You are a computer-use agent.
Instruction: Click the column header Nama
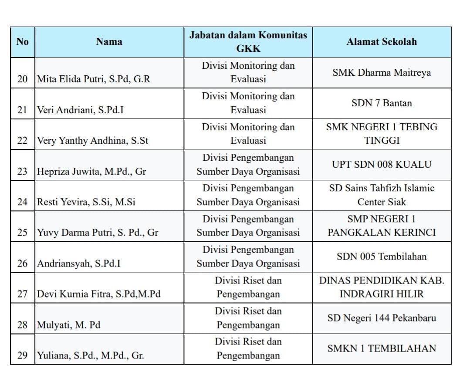[109, 42]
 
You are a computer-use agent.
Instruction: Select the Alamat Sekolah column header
[382, 42]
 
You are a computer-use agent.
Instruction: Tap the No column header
[22, 42]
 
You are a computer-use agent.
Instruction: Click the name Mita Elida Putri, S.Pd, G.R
[94, 79]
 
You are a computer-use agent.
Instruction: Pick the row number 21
[22, 110]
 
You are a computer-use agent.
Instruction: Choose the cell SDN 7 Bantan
[382, 103]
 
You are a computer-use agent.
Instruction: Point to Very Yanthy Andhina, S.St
[93, 141]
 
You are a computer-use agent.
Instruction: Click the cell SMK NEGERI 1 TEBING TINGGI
[382, 134]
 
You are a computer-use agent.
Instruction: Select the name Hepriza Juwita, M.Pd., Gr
[91, 172]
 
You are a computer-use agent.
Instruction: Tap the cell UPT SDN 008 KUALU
[382, 165]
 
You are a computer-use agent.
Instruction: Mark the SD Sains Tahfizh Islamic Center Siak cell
[382, 195]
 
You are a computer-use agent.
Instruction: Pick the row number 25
[22, 233]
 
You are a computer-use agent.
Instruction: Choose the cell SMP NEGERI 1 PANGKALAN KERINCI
[382, 226]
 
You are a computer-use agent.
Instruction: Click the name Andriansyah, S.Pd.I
[79, 264]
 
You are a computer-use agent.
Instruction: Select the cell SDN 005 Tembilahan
[382, 257]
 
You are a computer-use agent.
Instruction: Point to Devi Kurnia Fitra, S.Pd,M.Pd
[99, 294]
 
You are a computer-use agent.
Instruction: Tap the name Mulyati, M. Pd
[69, 325]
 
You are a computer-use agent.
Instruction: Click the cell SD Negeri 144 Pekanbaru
[382, 318]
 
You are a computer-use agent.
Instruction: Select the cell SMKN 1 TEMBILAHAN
[382, 348]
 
